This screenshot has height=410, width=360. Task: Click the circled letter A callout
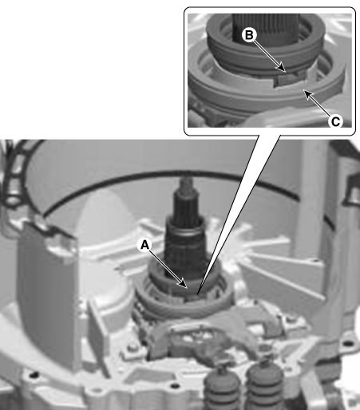(x=144, y=245)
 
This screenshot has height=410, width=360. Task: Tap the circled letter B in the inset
(x=249, y=35)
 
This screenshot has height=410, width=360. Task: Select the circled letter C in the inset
(x=335, y=121)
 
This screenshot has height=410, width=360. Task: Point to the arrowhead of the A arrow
(x=184, y=284)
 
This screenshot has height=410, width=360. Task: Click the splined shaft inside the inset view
(x=267, y=28)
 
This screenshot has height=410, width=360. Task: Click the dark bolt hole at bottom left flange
(x=34, y=375)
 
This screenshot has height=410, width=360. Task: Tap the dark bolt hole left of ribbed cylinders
(x=174, y=385)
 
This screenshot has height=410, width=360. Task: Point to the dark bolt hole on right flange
(x=348, y=344)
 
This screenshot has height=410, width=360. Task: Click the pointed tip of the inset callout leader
(x=197, y=294)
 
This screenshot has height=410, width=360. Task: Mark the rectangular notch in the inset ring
(x=289, y=79)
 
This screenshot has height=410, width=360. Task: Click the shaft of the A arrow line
(x=164, y=265)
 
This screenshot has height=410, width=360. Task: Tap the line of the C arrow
(x=318, y=105)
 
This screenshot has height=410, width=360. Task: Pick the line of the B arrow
(x=268, y=54)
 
